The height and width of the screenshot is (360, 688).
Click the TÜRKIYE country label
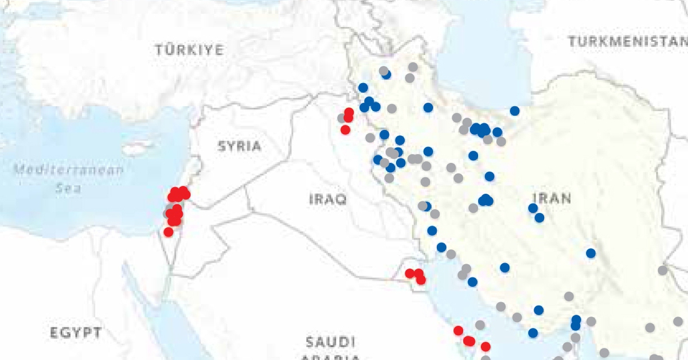189,50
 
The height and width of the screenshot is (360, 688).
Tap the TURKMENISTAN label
627,41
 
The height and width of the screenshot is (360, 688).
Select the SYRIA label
240,146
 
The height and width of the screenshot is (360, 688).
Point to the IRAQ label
328,199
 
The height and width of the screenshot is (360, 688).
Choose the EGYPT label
76,332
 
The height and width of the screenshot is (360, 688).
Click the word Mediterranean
68,170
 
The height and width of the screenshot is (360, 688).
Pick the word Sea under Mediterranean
68,188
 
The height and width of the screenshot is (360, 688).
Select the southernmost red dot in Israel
168,232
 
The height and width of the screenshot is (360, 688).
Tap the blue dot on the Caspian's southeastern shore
515,111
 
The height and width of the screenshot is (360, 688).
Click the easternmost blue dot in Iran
591,253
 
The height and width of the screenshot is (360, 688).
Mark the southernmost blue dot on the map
533,332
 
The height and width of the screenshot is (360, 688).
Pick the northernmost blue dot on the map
386,74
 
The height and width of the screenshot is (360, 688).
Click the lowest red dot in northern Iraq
345,130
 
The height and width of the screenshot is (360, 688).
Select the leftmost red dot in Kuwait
409,273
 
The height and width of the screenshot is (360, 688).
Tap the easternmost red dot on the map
486,346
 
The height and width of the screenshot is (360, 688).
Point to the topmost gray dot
413,67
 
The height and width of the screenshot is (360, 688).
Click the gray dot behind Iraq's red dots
342,118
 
